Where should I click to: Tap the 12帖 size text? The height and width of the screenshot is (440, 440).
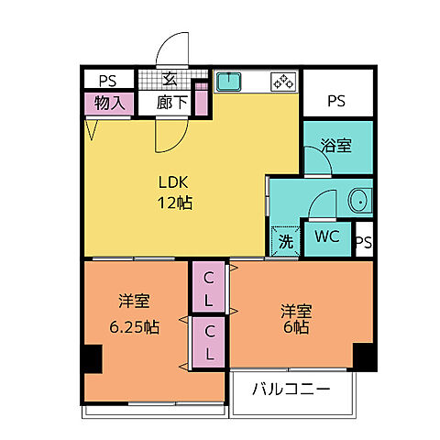[173, 203]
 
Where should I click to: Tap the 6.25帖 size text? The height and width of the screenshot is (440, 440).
[134, 326]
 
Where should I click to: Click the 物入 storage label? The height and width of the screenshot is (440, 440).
[110, 102]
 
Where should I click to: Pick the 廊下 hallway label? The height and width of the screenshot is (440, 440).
[172, 102]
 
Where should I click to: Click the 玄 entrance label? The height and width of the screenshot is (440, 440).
[171, 80]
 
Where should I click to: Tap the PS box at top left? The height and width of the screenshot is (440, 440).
[109, 79]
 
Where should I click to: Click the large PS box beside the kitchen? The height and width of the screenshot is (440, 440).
[338, 98]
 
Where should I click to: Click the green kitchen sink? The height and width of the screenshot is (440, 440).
[228, 82]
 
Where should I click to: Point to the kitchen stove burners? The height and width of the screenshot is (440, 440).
[281, 82]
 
